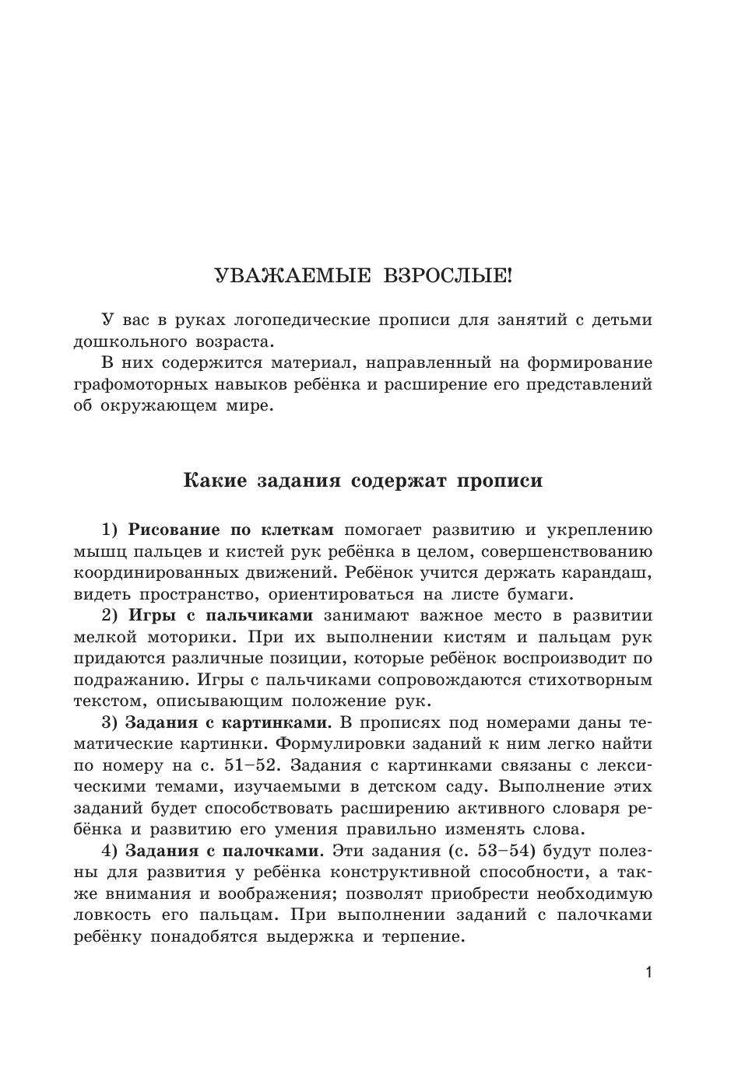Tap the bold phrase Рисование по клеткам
pyautogui.click(x=230, y=530)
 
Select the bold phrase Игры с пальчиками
pyautogui.click(x=220, y=616)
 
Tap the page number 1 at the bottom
pyautogui.click(x=648, y=973)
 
